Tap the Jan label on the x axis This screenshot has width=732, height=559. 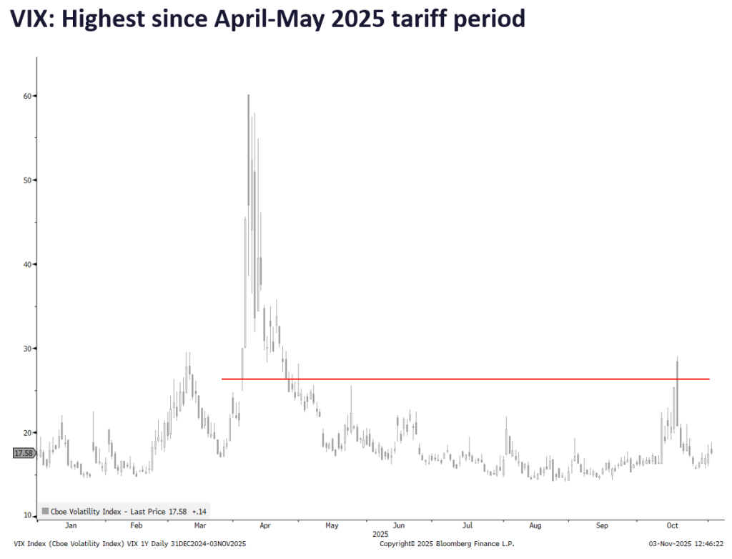coord(70,526)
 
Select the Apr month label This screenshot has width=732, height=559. coord(265,526)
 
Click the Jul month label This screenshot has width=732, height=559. coord(467,526)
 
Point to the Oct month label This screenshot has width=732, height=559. coord(673,526)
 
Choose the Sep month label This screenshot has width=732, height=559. coord(603,526)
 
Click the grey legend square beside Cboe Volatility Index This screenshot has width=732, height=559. coord(45,511)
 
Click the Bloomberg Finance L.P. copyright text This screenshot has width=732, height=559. coord(446,544)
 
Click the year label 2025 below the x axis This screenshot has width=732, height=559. coord(380,534)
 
